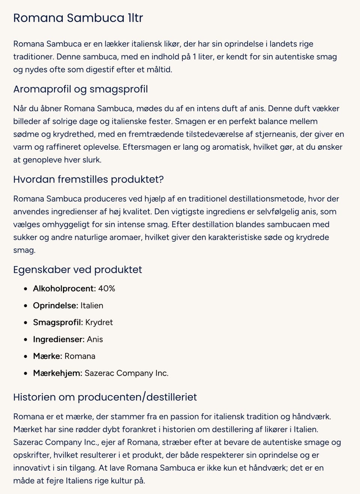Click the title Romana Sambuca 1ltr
[x=78, y=18]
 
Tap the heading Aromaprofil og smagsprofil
[x=80, y=89]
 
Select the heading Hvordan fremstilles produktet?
[x=88, y=179]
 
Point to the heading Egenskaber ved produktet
[x=77, y=270]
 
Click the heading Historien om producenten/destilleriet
[x=105, y=397]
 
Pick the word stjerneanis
[x=276, y=134]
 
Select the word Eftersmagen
[x=147, y=147]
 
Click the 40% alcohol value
[x=106, y=288]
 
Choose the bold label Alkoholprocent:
[x=64, y=288]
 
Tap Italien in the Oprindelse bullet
[x=92, y=305]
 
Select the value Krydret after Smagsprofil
[x=99, y=322]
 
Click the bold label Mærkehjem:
[x=57, y=373]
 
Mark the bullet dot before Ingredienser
[x=25, y=339]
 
